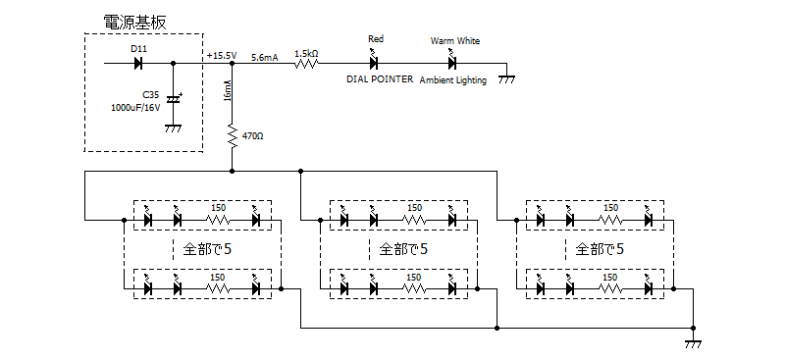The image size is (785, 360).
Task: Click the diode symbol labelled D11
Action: click(x=138, y=64)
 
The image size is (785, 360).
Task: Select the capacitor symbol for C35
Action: click(x=174, y=99)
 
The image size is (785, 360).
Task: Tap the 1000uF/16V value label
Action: click(x=135, y=108)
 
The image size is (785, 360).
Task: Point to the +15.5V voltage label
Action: click(x=222, y=56)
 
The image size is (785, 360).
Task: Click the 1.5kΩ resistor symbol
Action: click(x=306, y=64)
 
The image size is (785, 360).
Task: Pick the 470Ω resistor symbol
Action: click(x=232, y=135)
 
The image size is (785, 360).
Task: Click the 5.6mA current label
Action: click(x=264, y=58)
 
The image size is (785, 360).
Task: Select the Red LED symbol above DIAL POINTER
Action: click(x=374, y=61)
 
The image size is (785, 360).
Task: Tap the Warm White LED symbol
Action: click(x=452, y=61)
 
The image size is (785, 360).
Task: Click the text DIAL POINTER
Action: click(x=380, y=79)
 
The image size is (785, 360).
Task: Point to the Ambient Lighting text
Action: click(x=452, y=80)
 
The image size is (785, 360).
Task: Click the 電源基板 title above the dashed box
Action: click(x=134, y=22)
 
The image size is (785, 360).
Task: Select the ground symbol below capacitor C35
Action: click(x=174, y=129)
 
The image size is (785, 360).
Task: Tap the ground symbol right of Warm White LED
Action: click(x=507, y=78)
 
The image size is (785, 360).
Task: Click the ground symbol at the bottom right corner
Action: click(x=694, y=343)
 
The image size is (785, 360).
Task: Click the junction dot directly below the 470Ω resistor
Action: click(x=232, y=171)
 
